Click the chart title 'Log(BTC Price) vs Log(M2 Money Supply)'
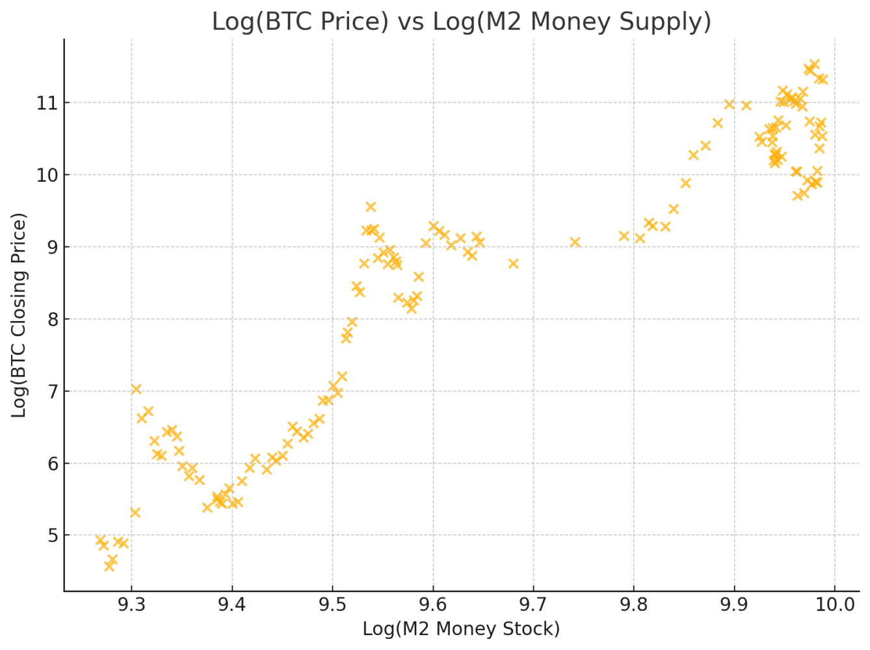[461, 21]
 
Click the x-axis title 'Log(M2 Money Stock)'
[461, 629]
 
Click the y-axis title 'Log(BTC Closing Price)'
[20, 315]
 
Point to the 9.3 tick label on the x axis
[131, 605]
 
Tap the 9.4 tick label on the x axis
[232, 605]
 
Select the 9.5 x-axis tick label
[332, 605]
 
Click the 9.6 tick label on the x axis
[433, 605]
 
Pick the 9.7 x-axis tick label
[533, 605]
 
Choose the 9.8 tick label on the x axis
[634, 605]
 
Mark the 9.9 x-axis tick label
[734, 605]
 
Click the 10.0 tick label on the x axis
[835, 605]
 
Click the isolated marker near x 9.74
[575, 242]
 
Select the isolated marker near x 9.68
[513, 263]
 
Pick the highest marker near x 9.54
[371, 207]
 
